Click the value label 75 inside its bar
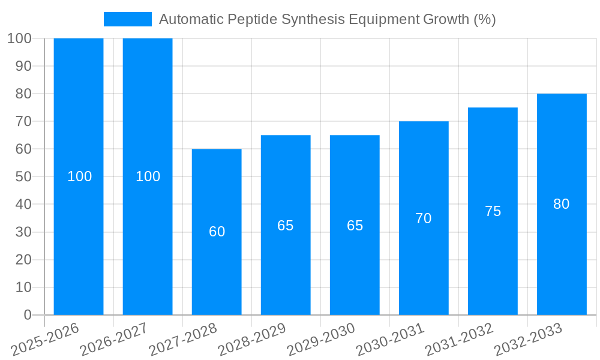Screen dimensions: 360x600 [493, 211]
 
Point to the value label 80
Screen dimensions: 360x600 [561, 204]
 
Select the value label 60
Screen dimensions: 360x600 [217, 232]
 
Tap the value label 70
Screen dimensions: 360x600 [424, 218]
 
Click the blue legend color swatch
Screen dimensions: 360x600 [127, 19]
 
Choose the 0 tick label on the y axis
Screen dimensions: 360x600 [27, 315]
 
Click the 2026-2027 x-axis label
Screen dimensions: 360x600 [114, 339]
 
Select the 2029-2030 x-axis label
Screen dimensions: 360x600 [322, 339]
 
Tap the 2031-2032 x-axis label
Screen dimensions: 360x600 [460, 339]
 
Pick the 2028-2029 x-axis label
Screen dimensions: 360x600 [252, 339]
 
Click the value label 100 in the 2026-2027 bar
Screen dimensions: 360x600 [148, 176]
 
